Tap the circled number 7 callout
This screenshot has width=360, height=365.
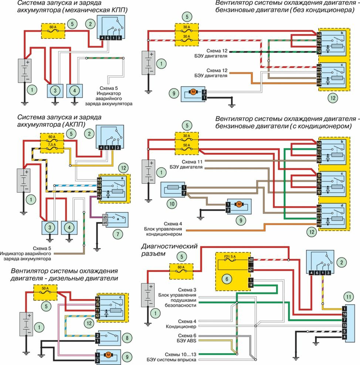click(x=117, y=234)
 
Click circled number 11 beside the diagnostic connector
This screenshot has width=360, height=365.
click(x=347, y=297)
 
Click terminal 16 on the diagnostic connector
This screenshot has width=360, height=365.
click(x=344, y=314)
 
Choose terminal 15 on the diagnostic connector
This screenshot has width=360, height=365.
click(x=344, y=325)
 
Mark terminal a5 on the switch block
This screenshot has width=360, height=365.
click(x=105, y=217)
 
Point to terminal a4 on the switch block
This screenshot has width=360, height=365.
click(x=105, y=222)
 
